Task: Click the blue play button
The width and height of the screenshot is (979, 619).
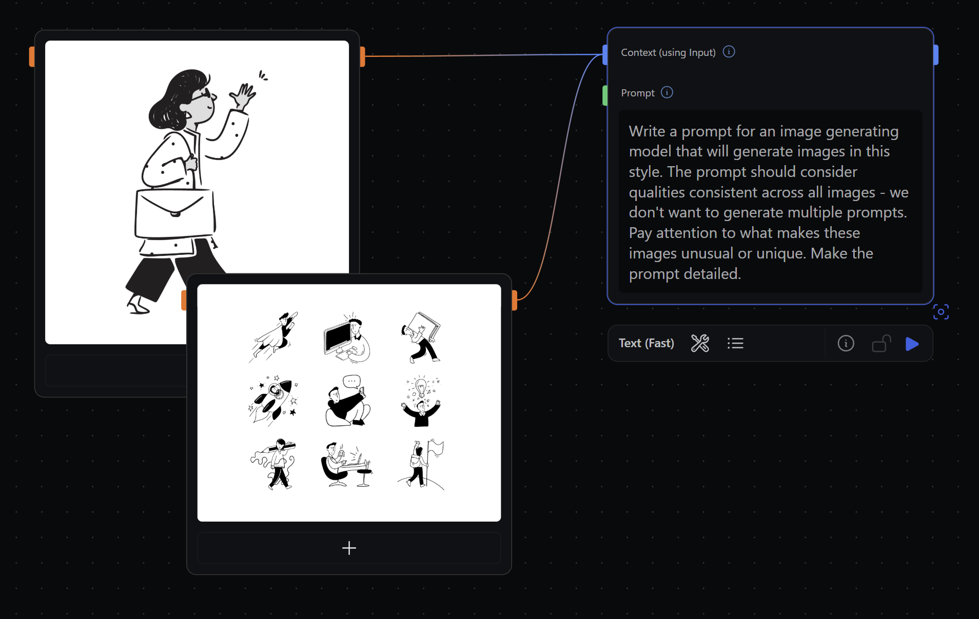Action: click(912, 344)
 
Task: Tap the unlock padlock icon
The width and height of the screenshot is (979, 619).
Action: click(882, 344)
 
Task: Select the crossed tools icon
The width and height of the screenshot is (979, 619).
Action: click(700, 343)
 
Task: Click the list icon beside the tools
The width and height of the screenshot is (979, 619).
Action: click(735, 343)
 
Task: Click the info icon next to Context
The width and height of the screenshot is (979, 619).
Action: click(729, 52)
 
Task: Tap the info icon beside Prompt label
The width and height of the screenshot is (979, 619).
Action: click(667, 92)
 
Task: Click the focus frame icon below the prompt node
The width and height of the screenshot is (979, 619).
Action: click(941, 312)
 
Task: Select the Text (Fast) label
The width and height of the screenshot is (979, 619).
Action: click(646, 343)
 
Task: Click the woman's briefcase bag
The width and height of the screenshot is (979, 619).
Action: click(175, 213)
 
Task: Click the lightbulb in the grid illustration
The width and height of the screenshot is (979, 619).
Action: click(421, 388)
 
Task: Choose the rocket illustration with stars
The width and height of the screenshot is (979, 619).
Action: click(273, 401)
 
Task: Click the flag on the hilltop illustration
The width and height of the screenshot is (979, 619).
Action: click(436, 448)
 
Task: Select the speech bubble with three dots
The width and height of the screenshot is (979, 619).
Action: click(352, 382)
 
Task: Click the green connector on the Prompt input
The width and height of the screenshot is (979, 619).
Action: click(605, 95)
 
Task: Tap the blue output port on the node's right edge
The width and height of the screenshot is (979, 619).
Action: click(936, 55)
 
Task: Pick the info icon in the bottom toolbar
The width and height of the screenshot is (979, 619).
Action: click(846, 343)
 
